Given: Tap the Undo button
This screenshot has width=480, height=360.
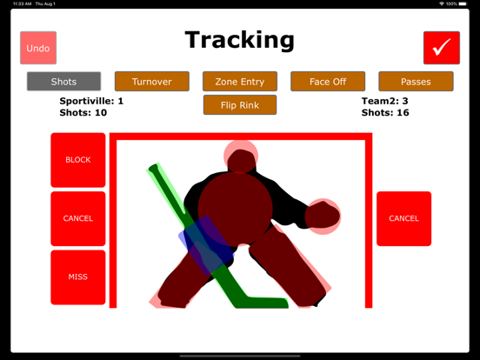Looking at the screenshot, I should point(38,48).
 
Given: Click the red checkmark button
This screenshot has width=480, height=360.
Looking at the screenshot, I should point(442,48).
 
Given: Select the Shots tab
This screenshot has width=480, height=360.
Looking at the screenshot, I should point(63,82).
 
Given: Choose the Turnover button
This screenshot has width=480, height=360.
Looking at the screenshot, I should point(151,82).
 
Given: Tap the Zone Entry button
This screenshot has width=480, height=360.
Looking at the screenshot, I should point(240,82).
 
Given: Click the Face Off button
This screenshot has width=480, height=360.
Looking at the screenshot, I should point(328,82).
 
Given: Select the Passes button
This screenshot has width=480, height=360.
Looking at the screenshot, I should point(416,82).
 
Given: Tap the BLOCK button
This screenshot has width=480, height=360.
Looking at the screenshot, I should point(78,160).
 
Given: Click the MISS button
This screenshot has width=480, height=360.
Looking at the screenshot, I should point(78,277).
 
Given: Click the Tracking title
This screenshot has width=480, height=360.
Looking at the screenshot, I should point(240,40).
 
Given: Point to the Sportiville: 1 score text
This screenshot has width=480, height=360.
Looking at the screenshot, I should point(91,101).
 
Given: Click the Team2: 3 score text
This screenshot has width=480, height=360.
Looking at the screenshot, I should point(385,101).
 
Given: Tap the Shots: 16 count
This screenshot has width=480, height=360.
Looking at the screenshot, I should point(385,112).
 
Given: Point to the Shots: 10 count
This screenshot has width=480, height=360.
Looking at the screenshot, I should point(83,112).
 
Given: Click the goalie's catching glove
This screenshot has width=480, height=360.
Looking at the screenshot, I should point(323,215).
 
